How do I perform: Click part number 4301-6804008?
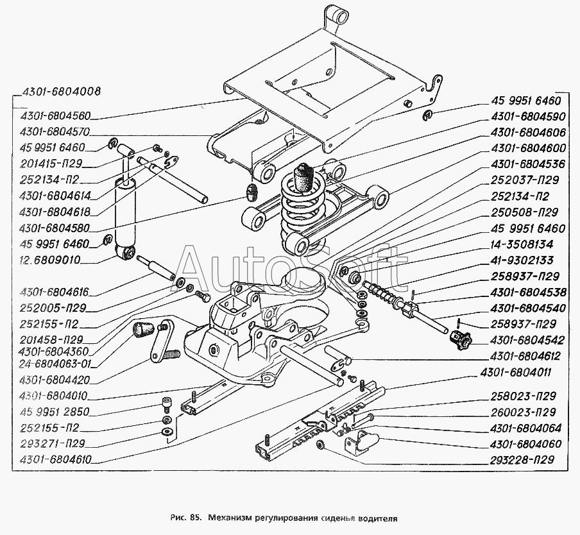tap(61, 91)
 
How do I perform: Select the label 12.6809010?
tap(49, 260)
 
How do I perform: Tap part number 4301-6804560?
tap(55, 115)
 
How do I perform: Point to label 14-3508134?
tap(522, 244)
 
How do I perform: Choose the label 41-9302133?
tap(522, 260)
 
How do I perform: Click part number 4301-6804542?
tap(527, 340)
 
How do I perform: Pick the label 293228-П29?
tap(522, 459)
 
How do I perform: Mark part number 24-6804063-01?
tap(55, 364)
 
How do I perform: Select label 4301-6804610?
tap(55, 460)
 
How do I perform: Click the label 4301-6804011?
tap(515, 372)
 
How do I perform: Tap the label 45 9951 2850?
tap(55, 411)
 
